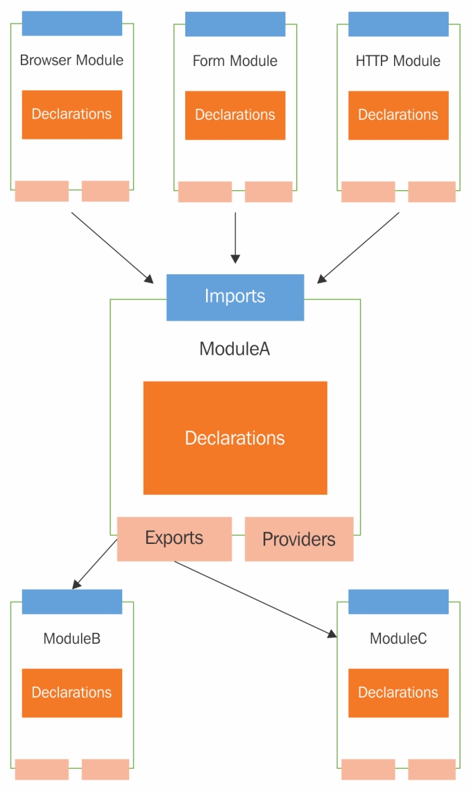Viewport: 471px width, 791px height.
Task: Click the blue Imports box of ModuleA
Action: click(x=235, y=297)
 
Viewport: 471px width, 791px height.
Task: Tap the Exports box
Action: click(x=174, y=538)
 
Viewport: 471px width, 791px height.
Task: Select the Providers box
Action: click(x=299, y=539)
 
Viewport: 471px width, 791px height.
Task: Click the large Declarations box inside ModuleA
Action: click(x=235, y=438)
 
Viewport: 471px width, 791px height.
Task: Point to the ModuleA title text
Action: click(x=234, y=348)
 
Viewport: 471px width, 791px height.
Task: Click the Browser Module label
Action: click(x=71, y=60)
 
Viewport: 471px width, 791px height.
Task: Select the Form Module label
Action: click(x=235, y=61)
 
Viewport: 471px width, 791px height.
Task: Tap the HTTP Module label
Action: click(x=398, y=61)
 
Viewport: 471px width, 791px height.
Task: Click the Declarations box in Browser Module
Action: click(x=72, y=114)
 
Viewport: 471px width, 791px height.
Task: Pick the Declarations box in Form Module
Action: click(x=235, y=115)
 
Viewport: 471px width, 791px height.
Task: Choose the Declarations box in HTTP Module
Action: click(x=398, y=115)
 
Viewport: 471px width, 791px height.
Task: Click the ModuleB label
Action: click(x=72, y=638)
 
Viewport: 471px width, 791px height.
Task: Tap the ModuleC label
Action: click(x=398, y=638)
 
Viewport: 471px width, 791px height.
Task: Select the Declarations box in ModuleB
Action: click(x=72, y=692)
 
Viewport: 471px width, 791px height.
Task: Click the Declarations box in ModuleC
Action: click(x=398, y=692)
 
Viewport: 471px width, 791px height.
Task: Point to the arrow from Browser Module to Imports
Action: click(x=112, y=247)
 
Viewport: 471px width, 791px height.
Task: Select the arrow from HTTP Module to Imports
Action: click(x=359, y=247)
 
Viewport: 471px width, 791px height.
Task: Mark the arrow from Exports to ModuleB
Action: click(x=95, y=564)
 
